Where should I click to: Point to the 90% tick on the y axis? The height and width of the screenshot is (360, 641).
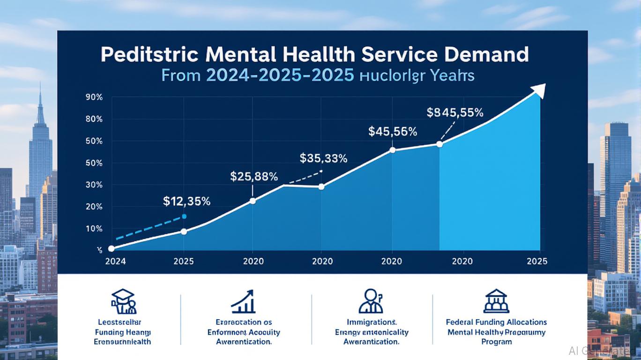(x=94, y=97)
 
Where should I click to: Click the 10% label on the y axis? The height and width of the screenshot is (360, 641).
(x=94, y=229)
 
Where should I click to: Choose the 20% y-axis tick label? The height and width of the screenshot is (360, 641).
(x=94, y=207)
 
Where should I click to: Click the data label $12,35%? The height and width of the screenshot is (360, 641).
(x=186, y=202)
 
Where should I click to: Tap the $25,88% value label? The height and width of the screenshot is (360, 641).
(x=254, y=177)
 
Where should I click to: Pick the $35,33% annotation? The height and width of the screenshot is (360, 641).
(x=323, y=158)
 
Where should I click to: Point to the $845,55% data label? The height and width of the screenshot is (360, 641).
(x=455, y=112)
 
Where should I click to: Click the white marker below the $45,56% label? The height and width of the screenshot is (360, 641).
(x=392, y=150)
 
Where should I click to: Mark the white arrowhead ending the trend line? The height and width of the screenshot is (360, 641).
(x=541, y=90)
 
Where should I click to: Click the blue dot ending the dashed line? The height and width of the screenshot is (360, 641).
(x=184, y=216)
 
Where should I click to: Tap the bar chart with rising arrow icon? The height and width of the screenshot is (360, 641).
(x=244, y=301)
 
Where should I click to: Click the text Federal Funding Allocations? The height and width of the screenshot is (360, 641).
(x=497, y=322)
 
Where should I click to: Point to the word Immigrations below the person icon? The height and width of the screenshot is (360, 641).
(x=371, y=322)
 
